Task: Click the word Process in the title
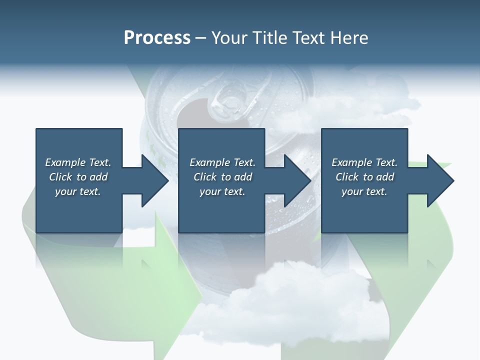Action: pyautogui.click(x=157, y=38)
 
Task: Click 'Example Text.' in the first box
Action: pyautogui.click(x=78, y=162)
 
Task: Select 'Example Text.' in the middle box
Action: pyautogui.click(x=222, y=162)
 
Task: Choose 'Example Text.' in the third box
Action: pyautogui.click(x=364, y=162)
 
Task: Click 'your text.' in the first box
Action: pyautogui.click(x=78, y=191)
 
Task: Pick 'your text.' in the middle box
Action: pyautogui.click(x=222, y=191)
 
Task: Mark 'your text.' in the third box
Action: pyautogui.click(x=364, y=191)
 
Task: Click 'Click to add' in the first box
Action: pyautogui.click(x=78, y=177)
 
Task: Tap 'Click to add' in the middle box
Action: pyautogui.click(x=222, y=177)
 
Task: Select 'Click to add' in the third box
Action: pyautogui.click(x=364, y=177)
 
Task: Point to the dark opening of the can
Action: pyautogui.click(x=192, y=112)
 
